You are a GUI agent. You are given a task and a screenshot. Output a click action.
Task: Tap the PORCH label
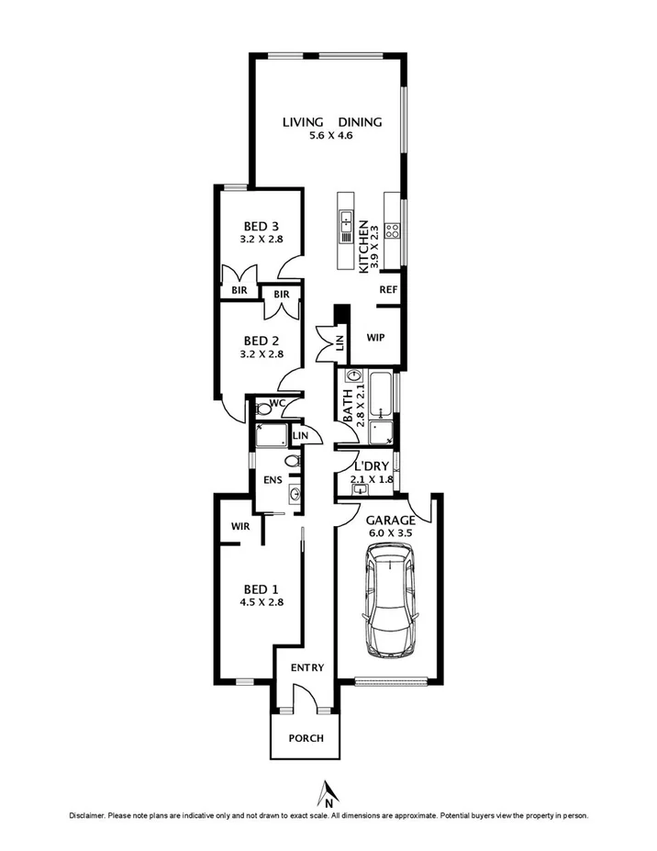(306, 738)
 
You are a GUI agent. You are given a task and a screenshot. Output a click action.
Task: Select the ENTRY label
(307, 667)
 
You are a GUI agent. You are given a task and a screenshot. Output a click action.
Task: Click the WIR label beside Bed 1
(242, 526)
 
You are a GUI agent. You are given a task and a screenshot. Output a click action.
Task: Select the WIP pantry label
(374, 337)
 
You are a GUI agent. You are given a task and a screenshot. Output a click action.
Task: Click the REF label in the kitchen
(387, 289)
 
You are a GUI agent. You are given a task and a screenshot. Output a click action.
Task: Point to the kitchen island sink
(347, 220)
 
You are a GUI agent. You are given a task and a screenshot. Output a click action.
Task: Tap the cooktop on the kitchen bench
(392, 230)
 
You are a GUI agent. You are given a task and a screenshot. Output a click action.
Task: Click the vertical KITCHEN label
(363, 246)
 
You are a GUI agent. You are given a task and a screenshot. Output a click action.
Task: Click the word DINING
(360, 122)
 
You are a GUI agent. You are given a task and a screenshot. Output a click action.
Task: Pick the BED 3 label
(261, 226)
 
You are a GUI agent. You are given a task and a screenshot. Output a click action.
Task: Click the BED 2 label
(261, 339)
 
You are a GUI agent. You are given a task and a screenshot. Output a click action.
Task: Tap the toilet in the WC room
(262, 409)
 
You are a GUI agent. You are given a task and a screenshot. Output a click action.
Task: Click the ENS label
(272, 478)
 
